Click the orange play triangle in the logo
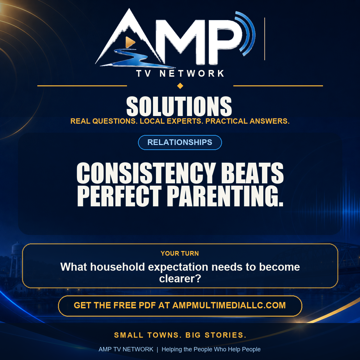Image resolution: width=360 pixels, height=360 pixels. [130, 42]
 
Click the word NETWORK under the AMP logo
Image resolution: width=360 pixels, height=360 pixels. [192, 73]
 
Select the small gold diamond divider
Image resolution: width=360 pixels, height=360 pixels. [180, 86]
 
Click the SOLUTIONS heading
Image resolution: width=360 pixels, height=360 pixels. [179, 106]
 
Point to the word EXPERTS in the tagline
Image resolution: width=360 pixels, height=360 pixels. [185, 121]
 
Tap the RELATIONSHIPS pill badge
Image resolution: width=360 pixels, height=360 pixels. [180, 142]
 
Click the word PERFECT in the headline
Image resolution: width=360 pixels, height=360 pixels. [119, 196]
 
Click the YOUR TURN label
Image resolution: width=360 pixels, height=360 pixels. [180, 253]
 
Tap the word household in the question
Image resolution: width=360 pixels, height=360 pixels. [118, 267]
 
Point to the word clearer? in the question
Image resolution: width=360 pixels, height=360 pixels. [180, 278]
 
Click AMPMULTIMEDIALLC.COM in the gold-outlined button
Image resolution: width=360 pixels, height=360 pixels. [229, 305]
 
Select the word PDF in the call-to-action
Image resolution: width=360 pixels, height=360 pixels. [147, 305]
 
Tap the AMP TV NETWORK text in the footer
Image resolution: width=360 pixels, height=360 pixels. [126, 349]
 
